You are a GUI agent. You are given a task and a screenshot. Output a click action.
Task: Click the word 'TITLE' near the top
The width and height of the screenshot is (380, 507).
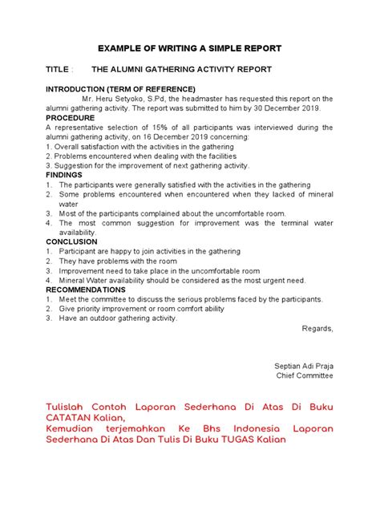click(x=59, y=70)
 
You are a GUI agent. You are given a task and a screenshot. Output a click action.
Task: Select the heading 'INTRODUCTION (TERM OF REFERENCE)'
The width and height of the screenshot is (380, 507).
click(x=120, y=88)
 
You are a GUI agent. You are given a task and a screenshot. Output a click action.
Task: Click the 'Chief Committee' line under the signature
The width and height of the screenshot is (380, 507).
click(x=305, y=375)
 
